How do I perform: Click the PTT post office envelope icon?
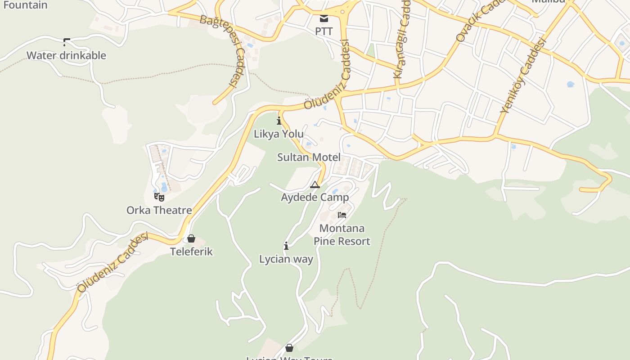click(x=324, y=18)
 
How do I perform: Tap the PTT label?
click(x=324, y=31)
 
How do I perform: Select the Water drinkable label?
click(x=66, y=55)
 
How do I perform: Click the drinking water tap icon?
click(x=67, y=42)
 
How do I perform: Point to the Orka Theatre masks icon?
click(x=159, y=197)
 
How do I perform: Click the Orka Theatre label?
click(x=159, y=210)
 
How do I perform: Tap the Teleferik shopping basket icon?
click(x=191, y=238)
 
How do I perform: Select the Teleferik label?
click(x=191, y=252)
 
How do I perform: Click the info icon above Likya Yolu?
click(x=279, y=121)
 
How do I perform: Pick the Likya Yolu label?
click(x=279, y=134)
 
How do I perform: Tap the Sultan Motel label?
click(x=309, y=157)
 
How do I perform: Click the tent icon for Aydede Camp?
click(x=315, y=184)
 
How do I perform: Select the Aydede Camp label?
click(x=315, y=198)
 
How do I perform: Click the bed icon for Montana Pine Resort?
click(x=342, y=215)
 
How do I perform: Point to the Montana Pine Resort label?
click(x=342, y=235)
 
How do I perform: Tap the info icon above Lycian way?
click(x=286, y=246)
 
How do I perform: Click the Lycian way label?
click(x=286, y=259)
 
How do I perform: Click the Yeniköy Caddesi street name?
click(x=523, y=75)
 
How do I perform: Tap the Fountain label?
click(x=25, y=5)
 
